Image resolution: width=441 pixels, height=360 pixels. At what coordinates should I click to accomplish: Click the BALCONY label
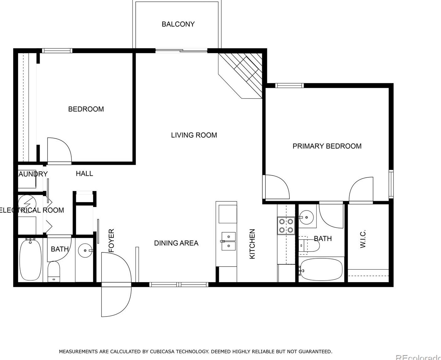(x=178, y=24)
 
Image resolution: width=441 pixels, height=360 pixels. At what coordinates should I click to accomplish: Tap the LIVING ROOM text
(x=194, y=135)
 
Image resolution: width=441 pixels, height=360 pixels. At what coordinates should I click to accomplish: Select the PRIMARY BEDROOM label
(x=327, y=146)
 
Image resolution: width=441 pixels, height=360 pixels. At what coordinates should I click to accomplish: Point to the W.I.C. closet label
(x=363, y=239)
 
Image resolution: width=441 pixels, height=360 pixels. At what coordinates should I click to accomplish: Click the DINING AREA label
(x=176, y=243)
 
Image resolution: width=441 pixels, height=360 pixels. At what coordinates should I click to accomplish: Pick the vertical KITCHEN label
(x=252, y=244)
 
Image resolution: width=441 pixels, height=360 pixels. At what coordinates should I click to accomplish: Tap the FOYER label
(x=111, y=241)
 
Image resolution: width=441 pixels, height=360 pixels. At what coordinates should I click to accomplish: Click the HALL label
(x=84, y=174)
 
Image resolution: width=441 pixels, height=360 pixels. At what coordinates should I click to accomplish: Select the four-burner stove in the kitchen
(x=286, y=226)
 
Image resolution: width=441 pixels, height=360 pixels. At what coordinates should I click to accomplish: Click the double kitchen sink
(x=229, y=241)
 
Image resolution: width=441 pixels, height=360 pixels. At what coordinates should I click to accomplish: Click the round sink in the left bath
(x=84, y=251)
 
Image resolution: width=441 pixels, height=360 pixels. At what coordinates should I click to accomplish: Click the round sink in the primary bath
(x=307, y=216)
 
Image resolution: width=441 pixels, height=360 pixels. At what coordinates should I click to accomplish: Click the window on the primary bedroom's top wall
(x=289, y=85)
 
